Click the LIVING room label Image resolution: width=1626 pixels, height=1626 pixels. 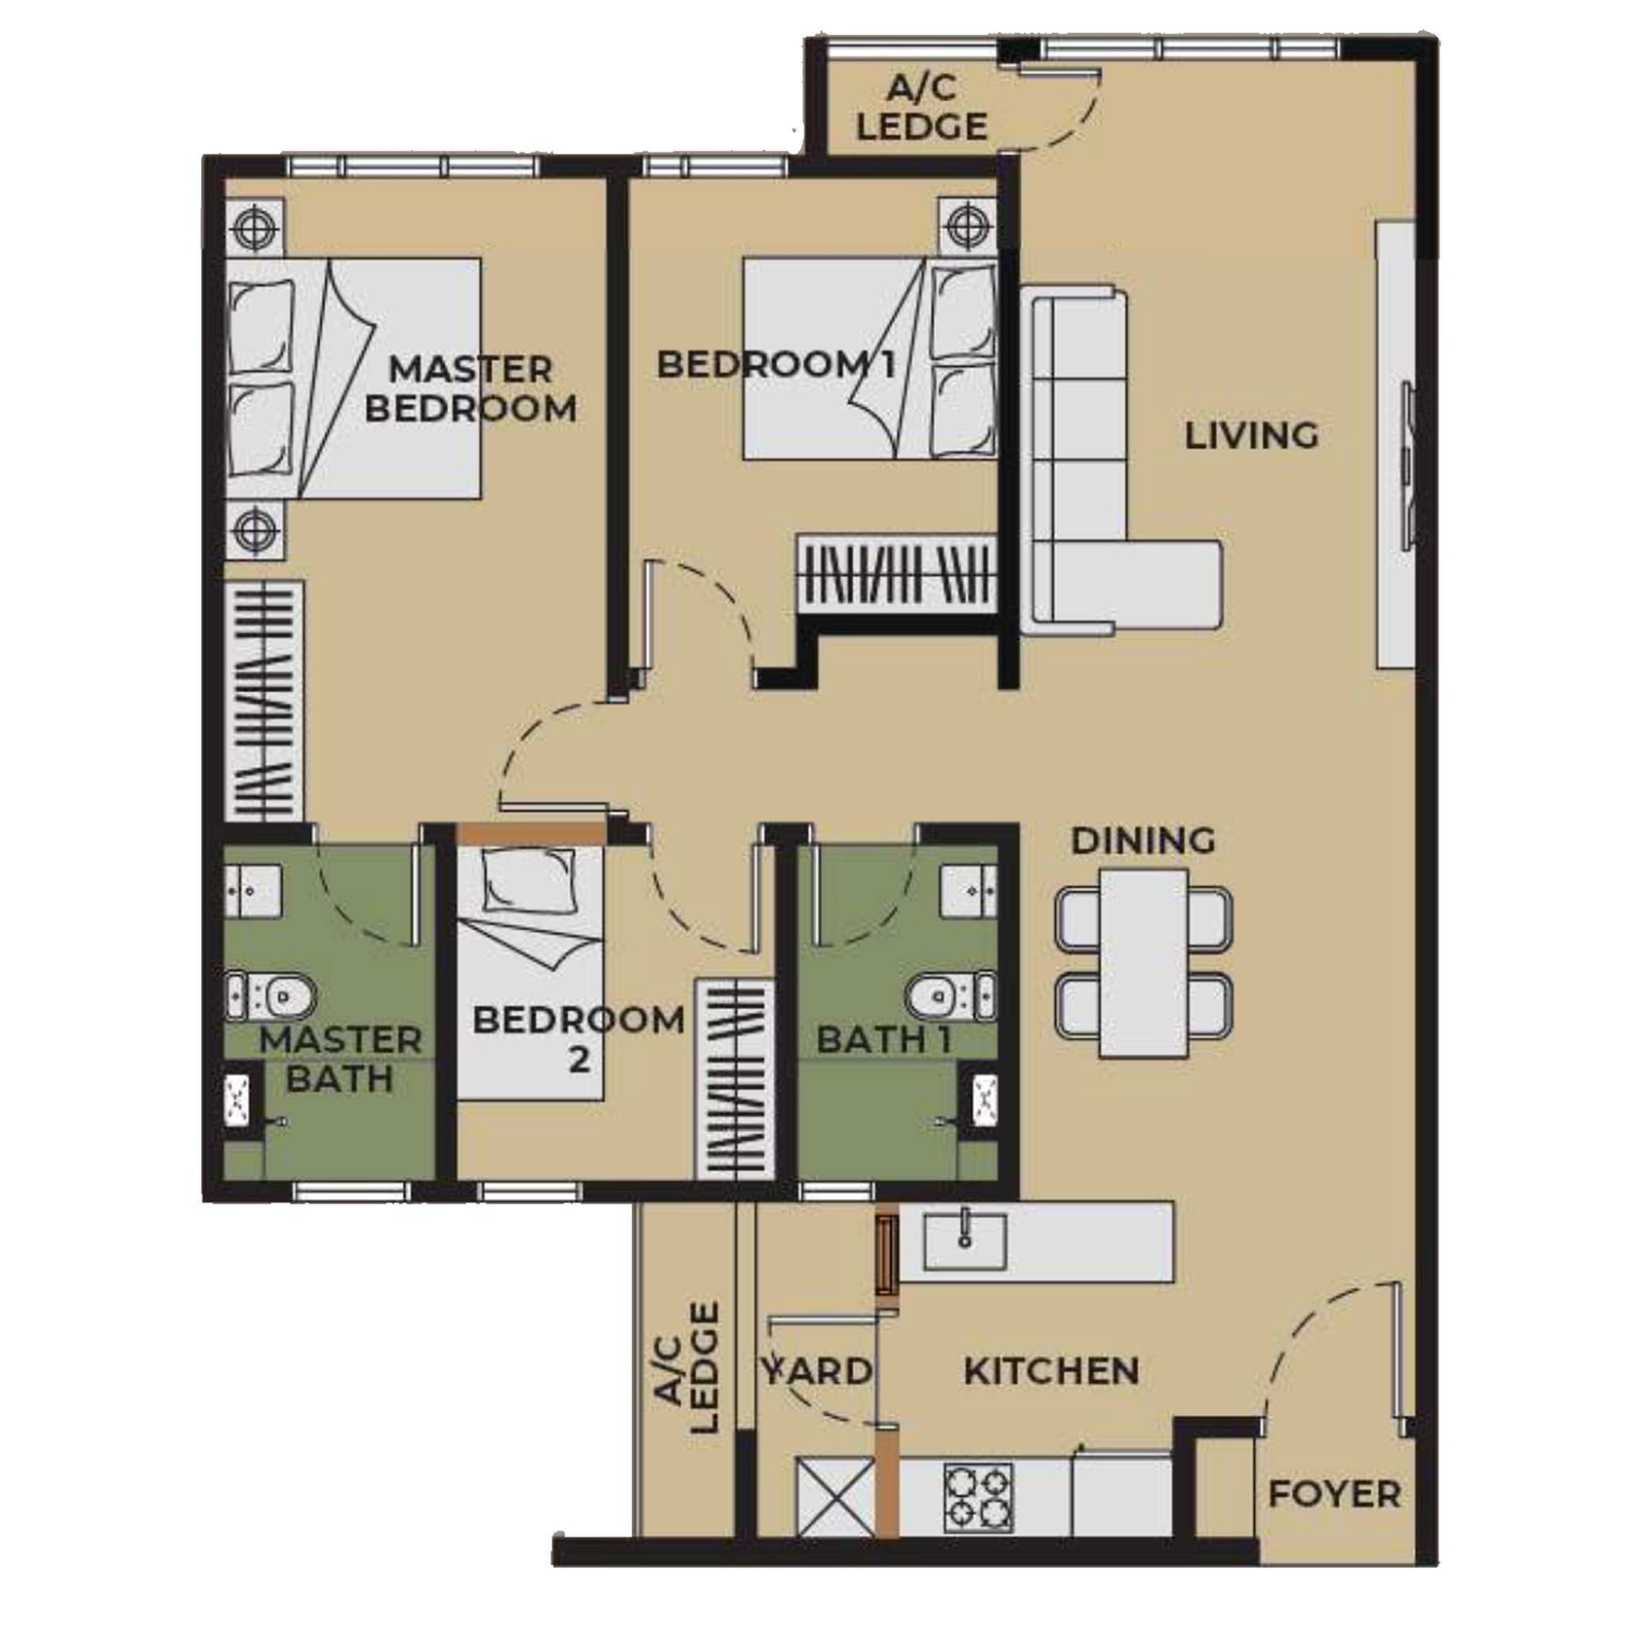tap(1250, 436)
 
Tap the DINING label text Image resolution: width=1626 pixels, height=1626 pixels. tap(1143, 840)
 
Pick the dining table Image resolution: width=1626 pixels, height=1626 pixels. tap(1143, 964)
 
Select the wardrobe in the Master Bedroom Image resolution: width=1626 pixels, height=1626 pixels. tap(264, 700)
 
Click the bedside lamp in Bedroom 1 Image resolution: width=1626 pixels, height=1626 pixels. tap(968, 225)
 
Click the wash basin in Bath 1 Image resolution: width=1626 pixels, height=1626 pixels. tap(969, 888)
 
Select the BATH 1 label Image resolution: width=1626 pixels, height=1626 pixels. tap(884, 1040)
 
